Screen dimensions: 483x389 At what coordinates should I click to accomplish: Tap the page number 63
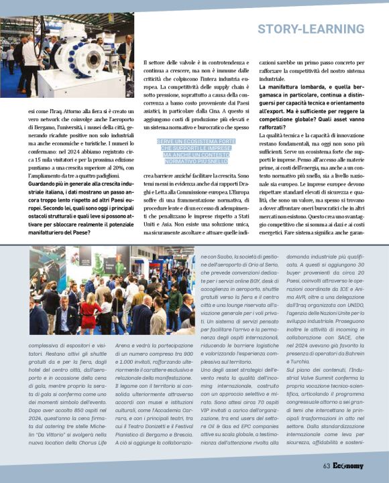[325, 466]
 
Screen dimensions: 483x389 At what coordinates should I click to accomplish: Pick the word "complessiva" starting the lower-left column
[46, 344]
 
